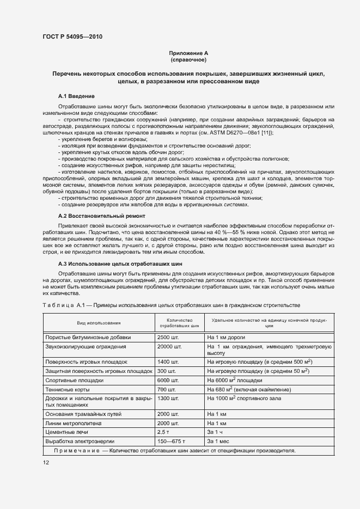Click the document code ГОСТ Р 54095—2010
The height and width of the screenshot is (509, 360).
(72, 37)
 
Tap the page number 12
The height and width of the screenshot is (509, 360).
(46, 462)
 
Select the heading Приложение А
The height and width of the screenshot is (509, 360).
(188, 53)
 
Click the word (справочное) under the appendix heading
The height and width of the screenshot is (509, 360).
(188, 60)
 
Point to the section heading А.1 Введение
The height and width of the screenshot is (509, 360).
(77, 96)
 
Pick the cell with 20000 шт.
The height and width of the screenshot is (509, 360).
(169, 346)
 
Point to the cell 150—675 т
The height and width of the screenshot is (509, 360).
(171, 441)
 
